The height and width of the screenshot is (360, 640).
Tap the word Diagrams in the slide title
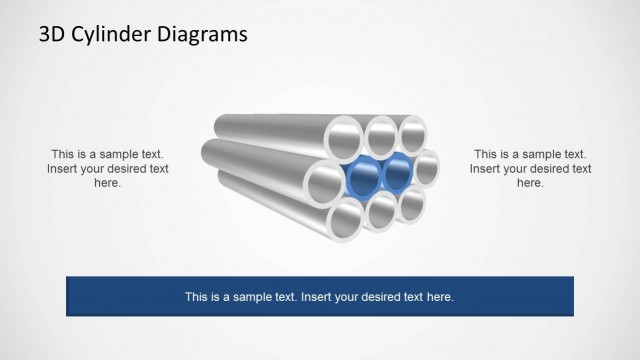(x=204, y=35)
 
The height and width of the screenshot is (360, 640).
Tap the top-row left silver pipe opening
(x=349, y=136)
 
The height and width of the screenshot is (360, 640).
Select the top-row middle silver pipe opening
(x=381, y=131)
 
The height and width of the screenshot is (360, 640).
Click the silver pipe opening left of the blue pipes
(x=328, y=184)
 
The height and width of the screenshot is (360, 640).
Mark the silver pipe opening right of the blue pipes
(x=426, y=167)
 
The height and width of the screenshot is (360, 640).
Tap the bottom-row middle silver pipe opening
(x=381, y=213)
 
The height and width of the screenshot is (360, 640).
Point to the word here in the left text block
(x=108, y=183)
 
